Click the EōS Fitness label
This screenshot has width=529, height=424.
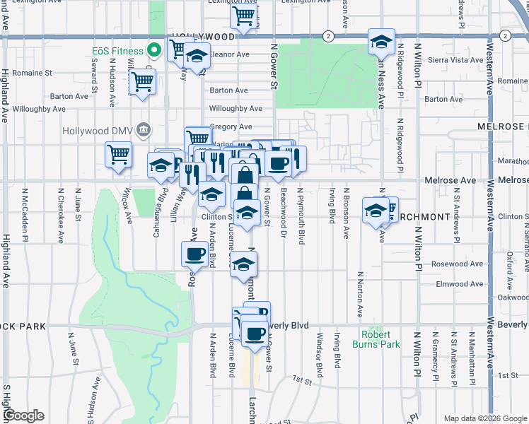click(x=117, y=50)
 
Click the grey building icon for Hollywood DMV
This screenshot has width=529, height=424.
click(x=144, y=129)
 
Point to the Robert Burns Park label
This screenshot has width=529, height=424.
click(x=376, y=340)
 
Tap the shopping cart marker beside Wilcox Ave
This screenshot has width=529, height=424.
click(x=118, y=154)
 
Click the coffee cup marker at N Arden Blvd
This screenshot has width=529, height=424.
click(x=193, y=253)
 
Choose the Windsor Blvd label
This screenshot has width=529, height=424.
click(x=320, y=351)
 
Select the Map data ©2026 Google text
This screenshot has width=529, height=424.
click(x=484, y=418)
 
